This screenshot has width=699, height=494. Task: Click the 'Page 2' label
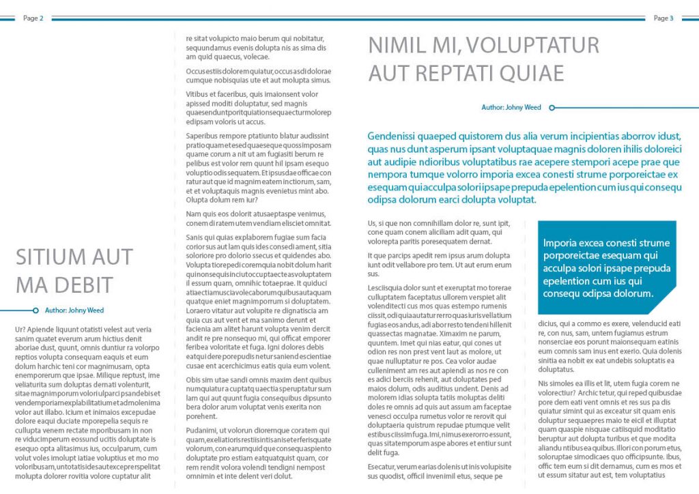click(x=33, y=18)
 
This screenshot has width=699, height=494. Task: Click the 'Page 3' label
click(x=663, y=18)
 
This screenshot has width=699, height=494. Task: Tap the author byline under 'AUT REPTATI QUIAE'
click(x=511, y=107)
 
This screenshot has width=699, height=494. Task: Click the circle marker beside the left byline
click(x=35, y=310)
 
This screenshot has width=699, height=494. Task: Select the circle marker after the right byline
click(x=552, y=107)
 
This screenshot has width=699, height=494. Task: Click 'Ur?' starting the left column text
click(x=20, y=330)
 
